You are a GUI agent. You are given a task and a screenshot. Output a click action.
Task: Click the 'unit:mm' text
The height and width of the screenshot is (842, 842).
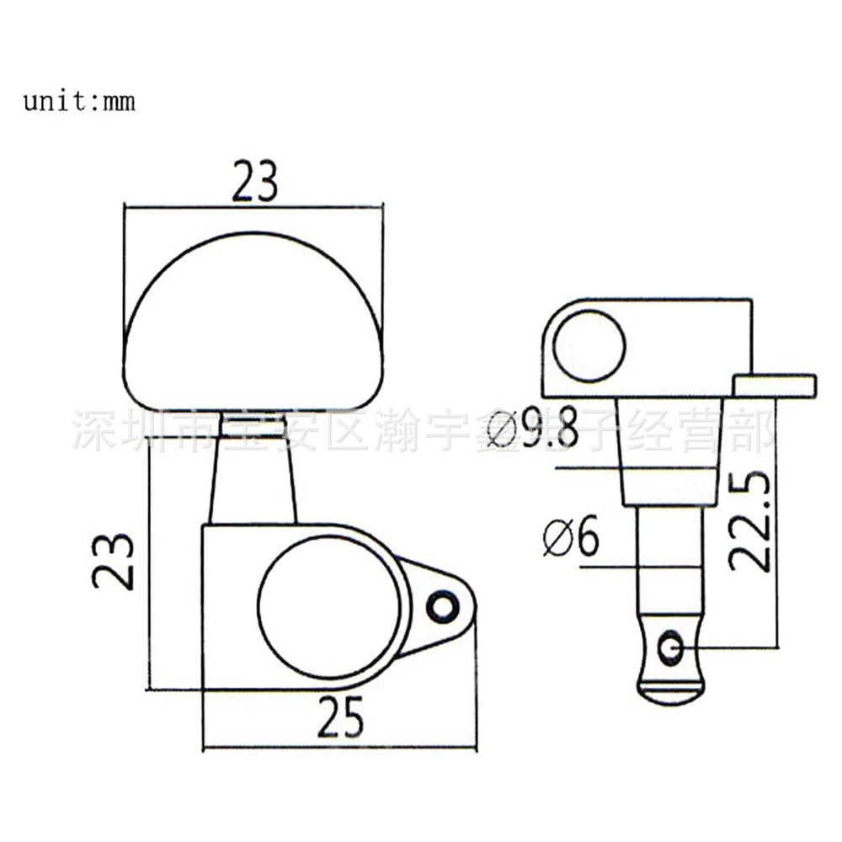point(78,103)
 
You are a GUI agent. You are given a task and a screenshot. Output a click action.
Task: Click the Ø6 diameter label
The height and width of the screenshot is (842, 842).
point(570,537)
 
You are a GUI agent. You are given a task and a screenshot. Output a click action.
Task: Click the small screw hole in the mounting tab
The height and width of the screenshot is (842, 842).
point(440,606)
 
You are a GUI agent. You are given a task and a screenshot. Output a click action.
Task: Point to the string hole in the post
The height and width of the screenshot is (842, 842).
point(671,647)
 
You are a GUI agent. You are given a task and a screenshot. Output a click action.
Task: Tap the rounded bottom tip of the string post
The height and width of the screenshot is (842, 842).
point(670,692)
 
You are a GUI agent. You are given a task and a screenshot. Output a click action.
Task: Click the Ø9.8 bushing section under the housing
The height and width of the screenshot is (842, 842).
point(669,450)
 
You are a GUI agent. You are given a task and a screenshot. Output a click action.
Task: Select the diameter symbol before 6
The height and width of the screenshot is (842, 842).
point(557,537)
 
